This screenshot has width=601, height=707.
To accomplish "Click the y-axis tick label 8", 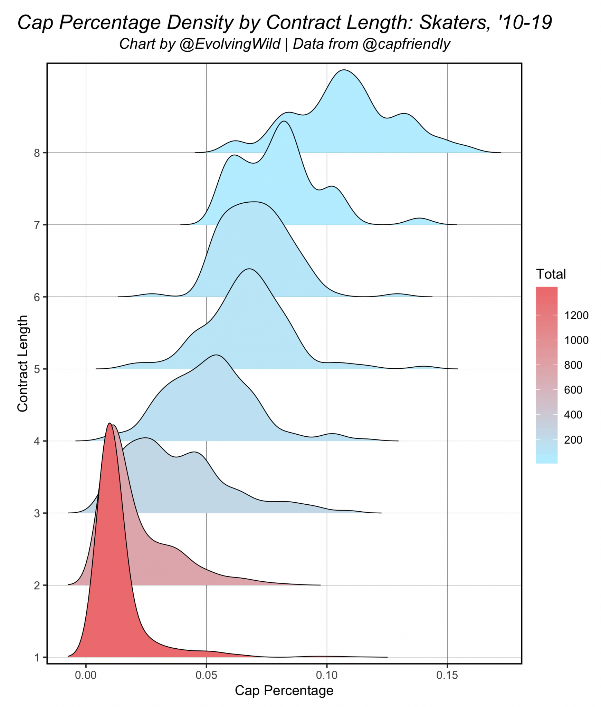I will (x=37, y=153).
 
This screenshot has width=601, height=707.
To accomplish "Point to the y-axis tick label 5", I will (x=37, y=369).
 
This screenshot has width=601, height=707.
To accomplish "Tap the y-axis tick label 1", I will (x=37, y=658).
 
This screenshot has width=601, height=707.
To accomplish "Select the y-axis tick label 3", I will (x=37, y=513).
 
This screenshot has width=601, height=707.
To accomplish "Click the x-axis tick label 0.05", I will (x=206, y=675).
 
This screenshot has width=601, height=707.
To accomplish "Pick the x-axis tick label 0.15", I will (x=447, y=675).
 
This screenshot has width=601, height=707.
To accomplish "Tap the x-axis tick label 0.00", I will (x=86, y=675).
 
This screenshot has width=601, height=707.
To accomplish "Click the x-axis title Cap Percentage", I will (x=284, y=690).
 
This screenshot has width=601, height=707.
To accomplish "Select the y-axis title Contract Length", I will (x=23, y=363).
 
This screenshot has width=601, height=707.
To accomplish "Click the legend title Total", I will (x=551, y=274).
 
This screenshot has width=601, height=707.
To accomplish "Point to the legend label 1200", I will (x=576, y=316).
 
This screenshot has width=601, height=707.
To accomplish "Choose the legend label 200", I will (x=573, y=440).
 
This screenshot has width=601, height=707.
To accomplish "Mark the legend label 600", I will (x=573, y=390).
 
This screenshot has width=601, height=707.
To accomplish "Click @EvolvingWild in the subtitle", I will (x=230, y=44).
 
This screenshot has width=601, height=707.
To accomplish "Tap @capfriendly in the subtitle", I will (x=407, y=44).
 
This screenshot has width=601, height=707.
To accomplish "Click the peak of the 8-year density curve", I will (x=344, y=70).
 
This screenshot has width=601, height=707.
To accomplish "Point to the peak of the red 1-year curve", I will (x=109, y=424).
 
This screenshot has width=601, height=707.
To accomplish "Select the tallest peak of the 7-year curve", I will (x=284, y=122).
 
